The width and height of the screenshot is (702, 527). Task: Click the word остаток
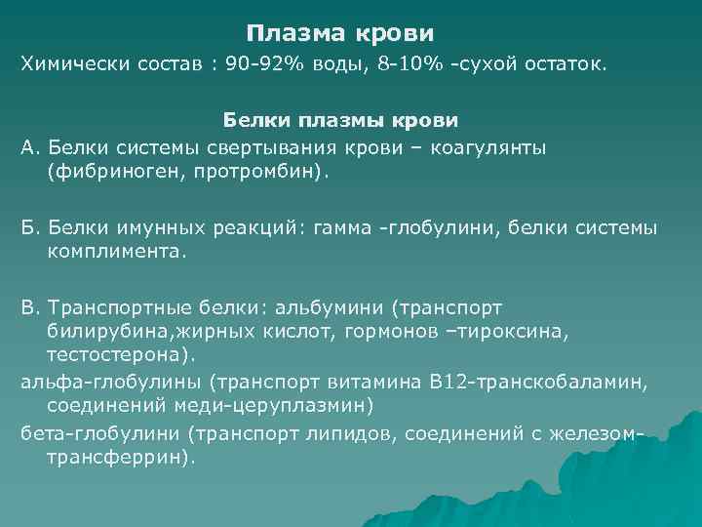click(561, 65)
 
